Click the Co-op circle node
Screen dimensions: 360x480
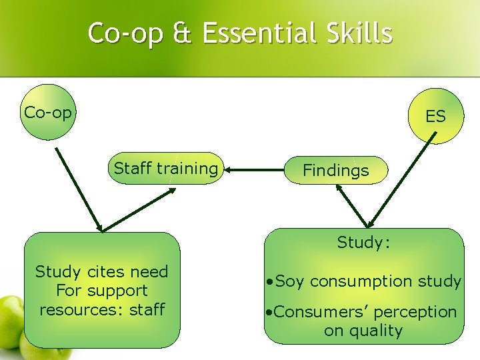pyautogui.click(x=48, y=112)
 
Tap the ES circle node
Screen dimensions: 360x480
pyautogui.click(x=435, y=117)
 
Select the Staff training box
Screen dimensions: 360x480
pyautogui.click(x=165, y=168)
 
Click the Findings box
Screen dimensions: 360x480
pyautogui.click(x=335, y=170)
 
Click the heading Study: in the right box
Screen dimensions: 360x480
pyautogui.click(x=363, y=243)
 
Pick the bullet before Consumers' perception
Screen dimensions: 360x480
pyautogui.click(x=269, y=312)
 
